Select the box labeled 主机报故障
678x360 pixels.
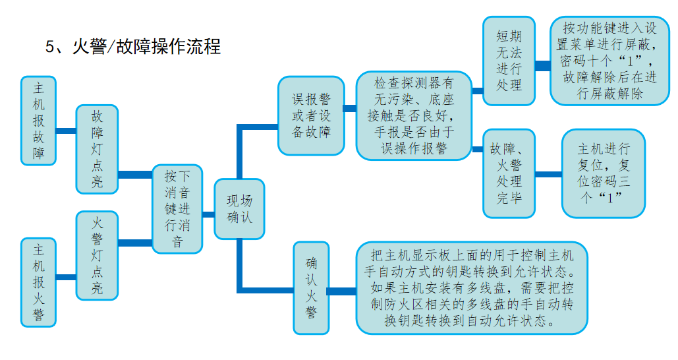pyautogui.click(x=39, y=121)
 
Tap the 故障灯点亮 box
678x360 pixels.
pyautogui.click(x=97, y=149)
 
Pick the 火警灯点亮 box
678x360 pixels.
pyautogui.click(x=97, y=255)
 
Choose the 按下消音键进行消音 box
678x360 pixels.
pyautogui.click(x=177, y=208)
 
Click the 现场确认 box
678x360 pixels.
pyautogui.click(x=240, y=208)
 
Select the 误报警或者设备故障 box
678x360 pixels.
pyautogui.click(x=311, y=115)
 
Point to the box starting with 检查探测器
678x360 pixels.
pyautogui.click(x=414, y=116)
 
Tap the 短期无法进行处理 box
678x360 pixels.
pyautogui.click(x=509, y=61)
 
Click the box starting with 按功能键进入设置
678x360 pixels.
pyautogui.click(x=609, y=61)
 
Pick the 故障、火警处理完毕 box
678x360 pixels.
pyautogui.click(x=509, y=173)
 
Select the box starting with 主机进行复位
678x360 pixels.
pyautogui.click(x=603, y=173)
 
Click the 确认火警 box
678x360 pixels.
pyautogui.click(x=311, y=287)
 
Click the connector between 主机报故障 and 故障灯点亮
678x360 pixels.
pyautogui.click(x=66, y=131)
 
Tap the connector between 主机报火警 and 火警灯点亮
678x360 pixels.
pyautogui.click(x=66, y=277)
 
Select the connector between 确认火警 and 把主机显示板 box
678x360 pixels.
pyautogui.click(x=342, y=291)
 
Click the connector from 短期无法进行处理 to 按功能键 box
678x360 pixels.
pyautogui.click(x=542, y=65)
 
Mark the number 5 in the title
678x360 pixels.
pyautogui.click(x=49, y=47)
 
